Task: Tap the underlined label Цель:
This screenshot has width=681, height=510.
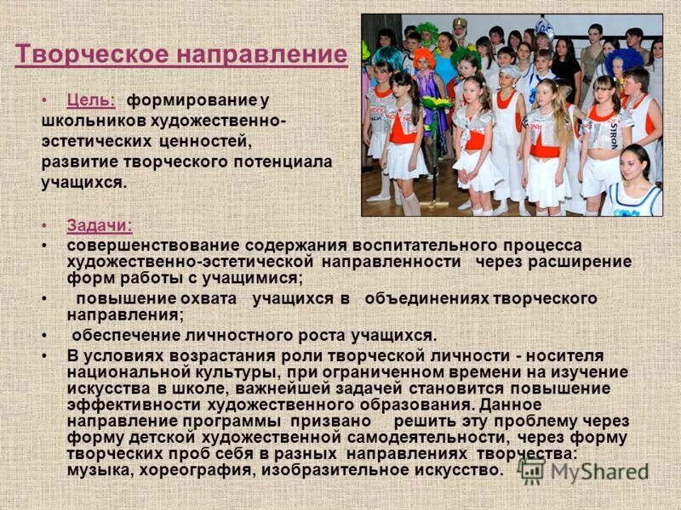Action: (91, 99)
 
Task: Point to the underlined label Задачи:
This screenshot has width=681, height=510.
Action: (99, 225)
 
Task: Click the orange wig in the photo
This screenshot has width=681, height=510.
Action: (423, 58)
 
